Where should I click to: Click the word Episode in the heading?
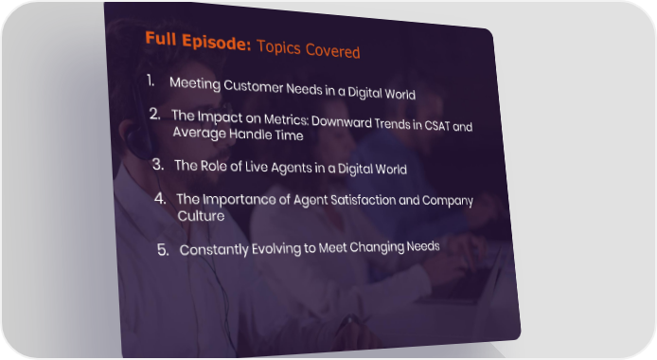click(x=216, y=42)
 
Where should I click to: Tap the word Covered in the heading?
click(x=332, y=51)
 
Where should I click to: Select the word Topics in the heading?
click(x=278, y=47)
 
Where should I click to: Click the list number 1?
click(x=151, y=81)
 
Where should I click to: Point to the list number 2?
click(x=155, y=114)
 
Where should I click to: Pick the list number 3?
click(x=158, y=164)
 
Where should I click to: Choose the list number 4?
click(x=160, y=198)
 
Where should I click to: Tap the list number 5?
click(x=163, y=250)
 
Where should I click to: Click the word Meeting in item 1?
click(x=195, y=83)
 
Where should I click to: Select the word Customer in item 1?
click(x=254, y=87)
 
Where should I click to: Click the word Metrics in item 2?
click(x=287, y=120)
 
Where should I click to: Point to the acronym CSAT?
click(x=437, y=125)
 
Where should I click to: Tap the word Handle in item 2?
click(x=251, y=135)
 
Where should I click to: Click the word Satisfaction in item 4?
click(x=363, y=200)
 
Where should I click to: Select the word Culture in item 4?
click(x=201, y=216)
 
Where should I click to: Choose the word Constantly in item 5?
click(x=214, y=250)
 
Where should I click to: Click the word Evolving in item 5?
click(x=276, y=248)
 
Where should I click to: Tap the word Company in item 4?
click(x=448, y=201)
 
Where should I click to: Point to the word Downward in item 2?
click(x=342, y=122)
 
